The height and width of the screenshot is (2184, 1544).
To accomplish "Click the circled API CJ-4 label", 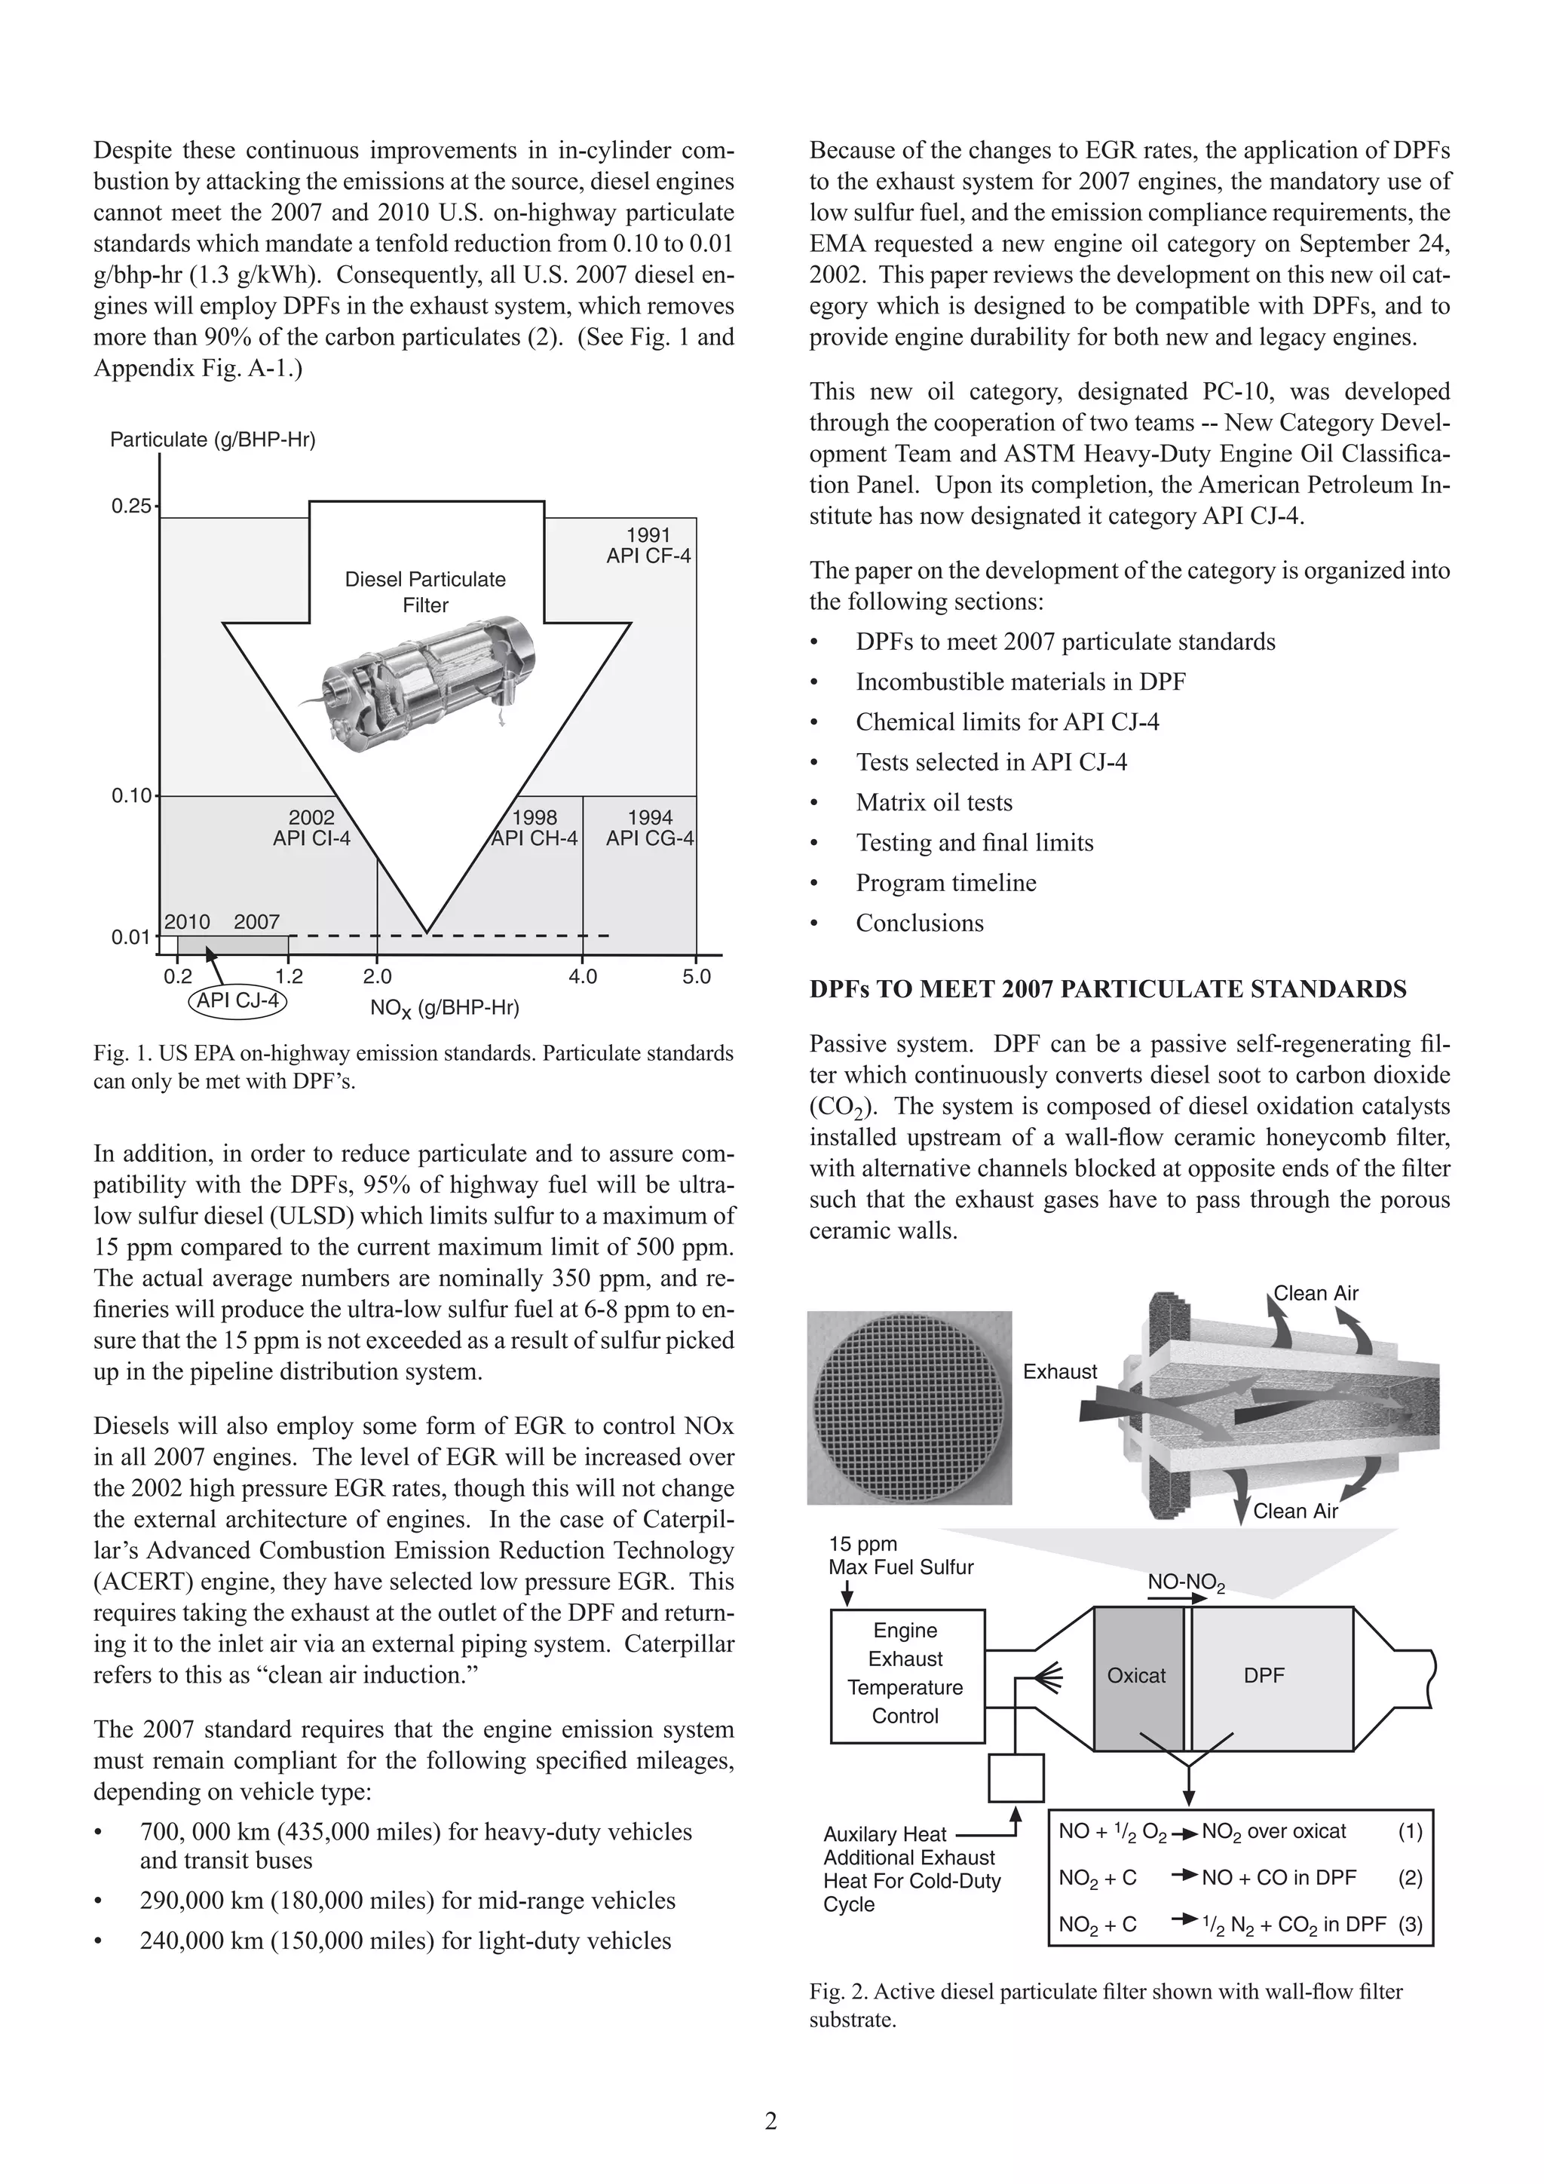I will [x=239, y=1000].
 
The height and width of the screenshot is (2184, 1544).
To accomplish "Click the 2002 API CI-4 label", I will [x=311, y=828].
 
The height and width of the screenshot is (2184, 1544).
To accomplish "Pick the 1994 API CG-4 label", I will [x=650, y=828].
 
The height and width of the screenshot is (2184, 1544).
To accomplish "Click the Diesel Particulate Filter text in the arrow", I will [x=425, y=592].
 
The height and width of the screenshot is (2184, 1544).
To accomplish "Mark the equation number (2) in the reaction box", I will [x=1410, y=1878].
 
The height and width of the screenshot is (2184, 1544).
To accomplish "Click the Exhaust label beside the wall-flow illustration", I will [x=1060, y=1371].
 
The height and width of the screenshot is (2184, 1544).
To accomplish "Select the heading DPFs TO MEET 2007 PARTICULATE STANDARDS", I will [x=1107, y=989].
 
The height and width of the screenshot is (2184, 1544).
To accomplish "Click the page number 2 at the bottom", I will [x=770, y=2121].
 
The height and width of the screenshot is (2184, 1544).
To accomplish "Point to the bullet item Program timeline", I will [x=945, y=883].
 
